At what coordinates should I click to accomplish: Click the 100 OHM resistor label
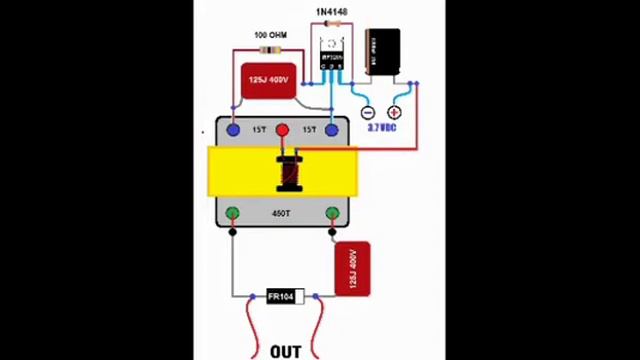pyautogui.click(x=270, y=36)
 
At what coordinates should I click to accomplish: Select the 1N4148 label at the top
pyautogui.click(x=331, y=12)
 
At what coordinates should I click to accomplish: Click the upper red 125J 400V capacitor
pyautogui.click(x=268, y=80)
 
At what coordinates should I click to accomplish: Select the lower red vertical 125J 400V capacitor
pyautogui.click(x=352, y=269)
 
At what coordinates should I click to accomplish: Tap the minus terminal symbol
pyautogui.click(x=367, y=113)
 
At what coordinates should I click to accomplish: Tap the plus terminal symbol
pyautogui.click(x=394, y=113)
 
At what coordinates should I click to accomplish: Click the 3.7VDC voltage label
pyautogui.click(x=381, y=128)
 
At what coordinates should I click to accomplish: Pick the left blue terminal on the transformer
pyautogui.click(x=233, y=130)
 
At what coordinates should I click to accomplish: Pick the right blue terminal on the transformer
pyautogui.click(x=332, y=130)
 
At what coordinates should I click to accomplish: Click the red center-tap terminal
pyautogui.click(x=282, y=130)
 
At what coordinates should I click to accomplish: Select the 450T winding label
pyautogui.click(x=282, y=214)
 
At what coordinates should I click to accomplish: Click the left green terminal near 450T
pyautogui.click(x=232, y=213)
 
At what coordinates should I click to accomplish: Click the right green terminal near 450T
pyautogui.click(x=332, y=213)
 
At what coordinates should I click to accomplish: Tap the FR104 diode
pyautogui.click(x=284, y=297)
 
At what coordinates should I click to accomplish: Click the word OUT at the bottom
pyautogui.click(x=285, y=351)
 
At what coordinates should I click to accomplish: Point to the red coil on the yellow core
pyautogui.click(x=289, y=173)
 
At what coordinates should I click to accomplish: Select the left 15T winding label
pyautogui.click(x=259, y=130)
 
